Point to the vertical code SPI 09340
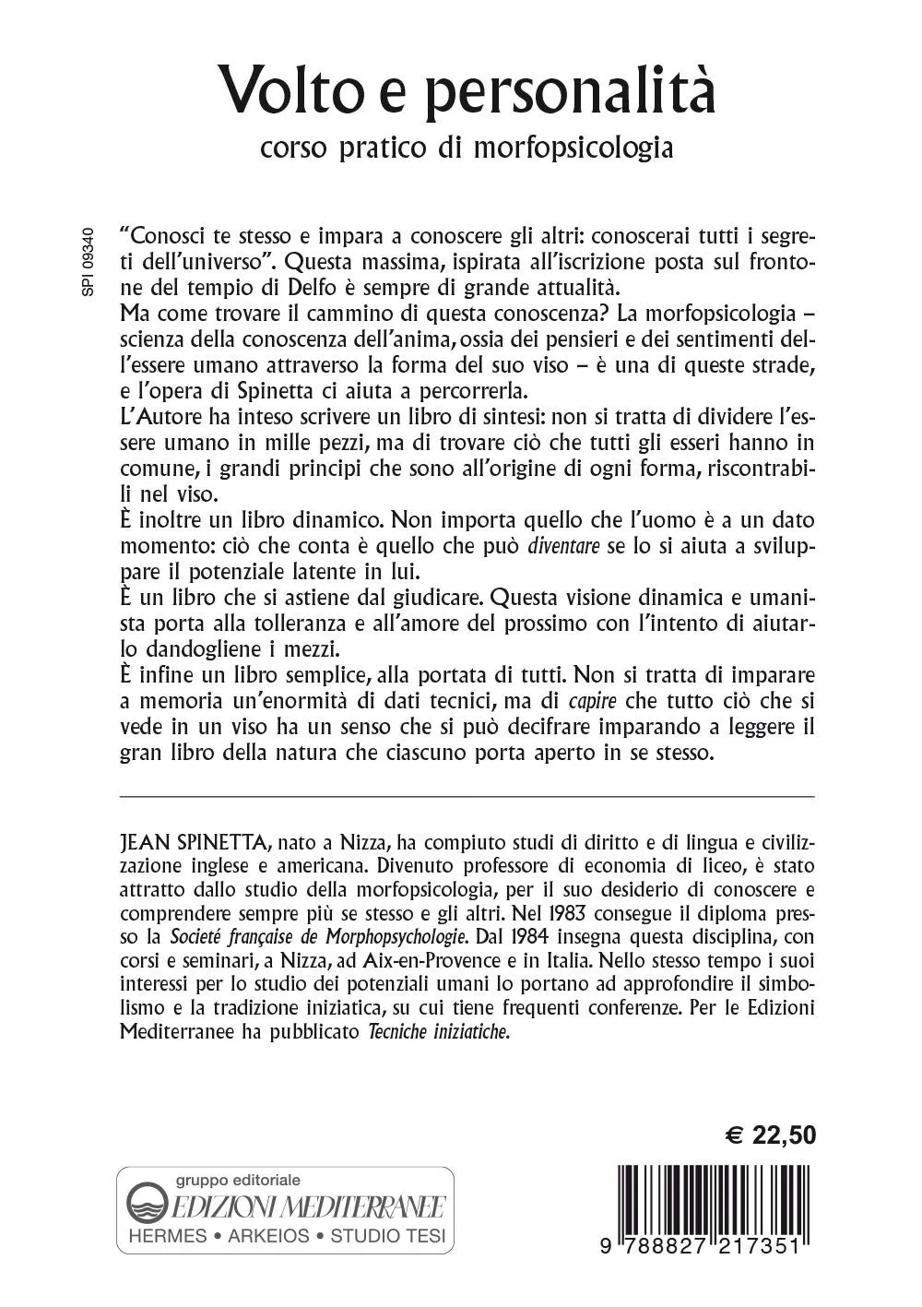(88, 261)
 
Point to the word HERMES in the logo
(168, 1236)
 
